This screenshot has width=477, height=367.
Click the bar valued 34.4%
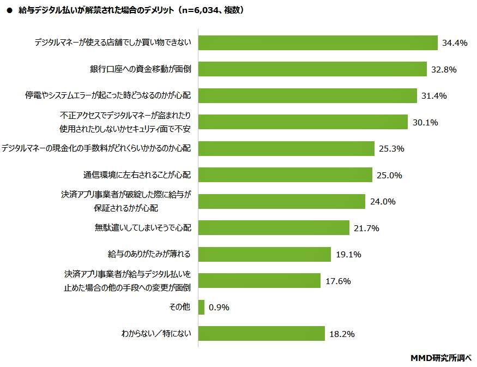pos(318,43)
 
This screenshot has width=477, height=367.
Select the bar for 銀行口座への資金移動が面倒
pos(312,69)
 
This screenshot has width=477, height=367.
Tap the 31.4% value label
pos(434,96)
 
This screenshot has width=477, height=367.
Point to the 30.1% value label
pos(425,122)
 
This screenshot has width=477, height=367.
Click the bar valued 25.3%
pos(286,148)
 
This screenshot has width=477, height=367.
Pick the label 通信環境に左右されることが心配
pos(137,175)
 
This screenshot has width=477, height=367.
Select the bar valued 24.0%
pos(281,201)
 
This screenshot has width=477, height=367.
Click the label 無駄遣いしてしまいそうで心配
pos(143,228)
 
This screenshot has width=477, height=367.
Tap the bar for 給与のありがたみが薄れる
pos(264,254)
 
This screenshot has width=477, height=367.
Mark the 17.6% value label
pos(337,281)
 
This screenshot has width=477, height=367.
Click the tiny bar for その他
pos(201,307)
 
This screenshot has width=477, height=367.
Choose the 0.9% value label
pos(219,307)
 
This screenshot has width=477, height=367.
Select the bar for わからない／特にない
pos(261,333)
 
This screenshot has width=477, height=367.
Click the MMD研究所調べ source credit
pos(440,358)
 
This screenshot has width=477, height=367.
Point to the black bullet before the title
pos(9,10)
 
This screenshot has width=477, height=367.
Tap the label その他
pos(180,307)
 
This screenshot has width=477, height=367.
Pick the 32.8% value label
pos(443,70)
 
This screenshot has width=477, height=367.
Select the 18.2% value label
pos(342,334)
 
